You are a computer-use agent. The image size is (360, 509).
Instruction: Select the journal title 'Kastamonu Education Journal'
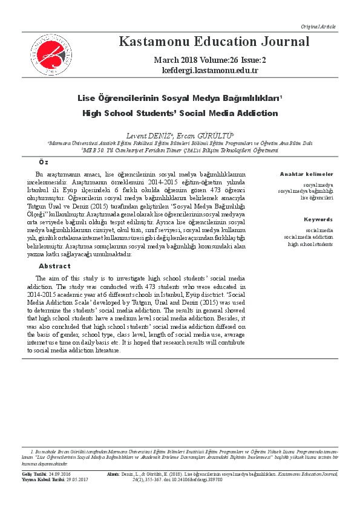(x=214, y=42)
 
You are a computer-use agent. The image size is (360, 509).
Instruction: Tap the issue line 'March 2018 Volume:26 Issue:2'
(x=210, y=60)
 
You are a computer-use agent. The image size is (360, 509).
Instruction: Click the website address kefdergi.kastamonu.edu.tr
(x=210, y=70)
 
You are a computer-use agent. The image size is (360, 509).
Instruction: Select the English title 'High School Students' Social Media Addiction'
(x=180, y=113)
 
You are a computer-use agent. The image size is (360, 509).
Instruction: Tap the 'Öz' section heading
(x=44, y=163)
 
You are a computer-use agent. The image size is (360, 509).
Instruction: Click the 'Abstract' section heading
(x=54, y=266)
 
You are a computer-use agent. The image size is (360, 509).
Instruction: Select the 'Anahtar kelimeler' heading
(x=306, y=174)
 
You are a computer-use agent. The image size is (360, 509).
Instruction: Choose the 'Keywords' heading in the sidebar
(x=318, y=219)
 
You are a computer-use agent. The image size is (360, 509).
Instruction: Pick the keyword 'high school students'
(x=310, y=244)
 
